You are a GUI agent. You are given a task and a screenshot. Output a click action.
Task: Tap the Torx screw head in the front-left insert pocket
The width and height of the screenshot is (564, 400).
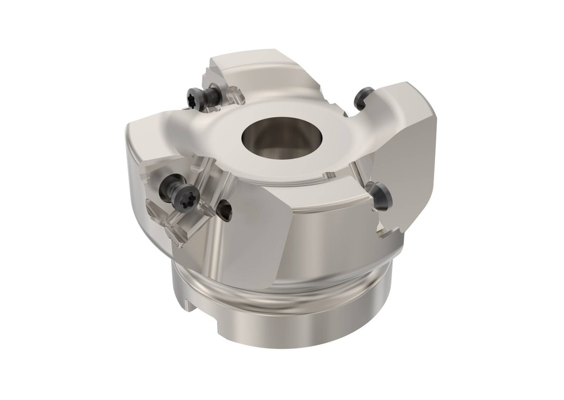tap(184, 196)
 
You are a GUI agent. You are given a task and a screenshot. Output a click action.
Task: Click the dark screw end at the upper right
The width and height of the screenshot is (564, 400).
tap(364, 98)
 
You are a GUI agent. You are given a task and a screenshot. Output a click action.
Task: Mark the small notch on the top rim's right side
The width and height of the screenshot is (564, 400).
tap(329, 176)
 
